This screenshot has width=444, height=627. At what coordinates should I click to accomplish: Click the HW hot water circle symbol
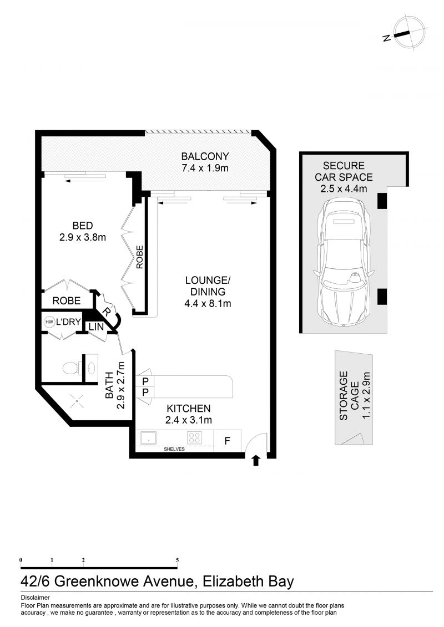coord(49,322)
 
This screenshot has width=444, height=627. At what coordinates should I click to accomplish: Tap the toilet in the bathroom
coord(72,367)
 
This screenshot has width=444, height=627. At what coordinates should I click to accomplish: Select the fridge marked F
coord(228,441)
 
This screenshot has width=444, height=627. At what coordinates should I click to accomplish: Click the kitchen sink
coord(149,438)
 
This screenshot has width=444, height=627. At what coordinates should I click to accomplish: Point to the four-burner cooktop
coord(195,438)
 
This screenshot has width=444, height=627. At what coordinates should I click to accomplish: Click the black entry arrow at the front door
coord(256,461)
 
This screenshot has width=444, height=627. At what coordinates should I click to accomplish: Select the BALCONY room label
coord(205,156)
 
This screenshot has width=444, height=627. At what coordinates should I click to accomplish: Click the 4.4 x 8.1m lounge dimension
coord(208,303)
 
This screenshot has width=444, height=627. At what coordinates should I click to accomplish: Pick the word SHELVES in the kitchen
coord(174,449)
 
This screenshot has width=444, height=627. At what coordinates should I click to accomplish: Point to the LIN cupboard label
coord(96,327)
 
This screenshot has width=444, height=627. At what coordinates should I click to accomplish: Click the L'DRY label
coord(68,322)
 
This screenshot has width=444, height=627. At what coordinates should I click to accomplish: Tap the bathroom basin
coord(92,366)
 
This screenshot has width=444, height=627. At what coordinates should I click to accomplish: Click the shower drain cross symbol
coord(75,401)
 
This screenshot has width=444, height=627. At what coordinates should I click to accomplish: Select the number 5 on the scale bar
coord(178,560)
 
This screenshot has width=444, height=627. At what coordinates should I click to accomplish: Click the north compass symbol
coord(408,33)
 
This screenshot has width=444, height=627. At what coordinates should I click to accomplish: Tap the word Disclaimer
coord(35,598)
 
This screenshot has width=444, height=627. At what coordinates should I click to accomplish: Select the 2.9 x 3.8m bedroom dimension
coord(83,237)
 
